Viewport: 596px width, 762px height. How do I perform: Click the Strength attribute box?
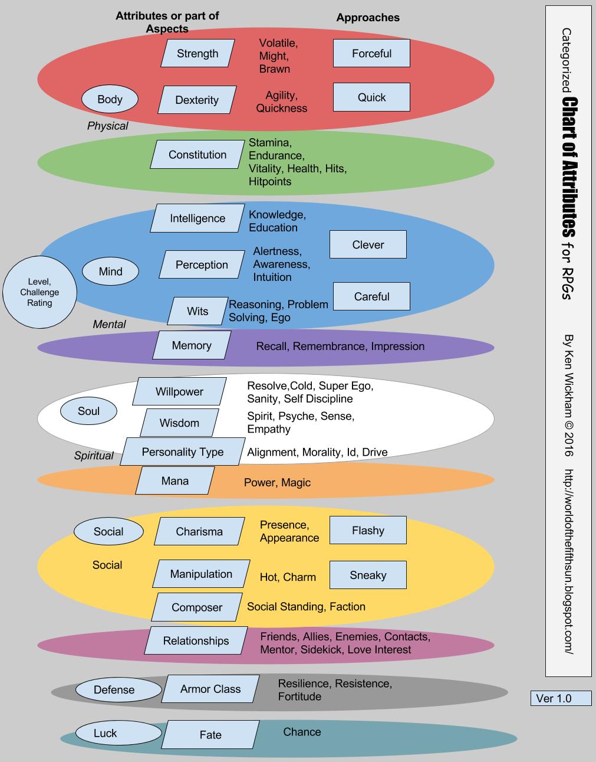tap(197, 53)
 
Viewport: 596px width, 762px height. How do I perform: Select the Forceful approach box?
tap(371, 53)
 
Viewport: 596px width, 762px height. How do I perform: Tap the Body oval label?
tap(110, 99)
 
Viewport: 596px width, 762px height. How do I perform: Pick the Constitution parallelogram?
tap(197, 154)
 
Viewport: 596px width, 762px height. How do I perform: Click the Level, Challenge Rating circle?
tap(39, 292)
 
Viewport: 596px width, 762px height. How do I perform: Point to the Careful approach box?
tap(371, 296)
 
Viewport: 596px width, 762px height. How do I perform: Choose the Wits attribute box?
tap(197, 310)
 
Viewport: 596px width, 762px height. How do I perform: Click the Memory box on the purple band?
tap(192, 345)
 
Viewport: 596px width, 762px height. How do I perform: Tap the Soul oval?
tap(88, 411)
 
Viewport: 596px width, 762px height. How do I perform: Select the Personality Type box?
tap(182, 452)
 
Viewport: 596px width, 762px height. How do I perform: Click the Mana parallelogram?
tap(174, 480)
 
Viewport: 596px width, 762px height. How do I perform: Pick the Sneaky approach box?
tap(368, 575)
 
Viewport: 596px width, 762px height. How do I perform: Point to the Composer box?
tap(197, 607)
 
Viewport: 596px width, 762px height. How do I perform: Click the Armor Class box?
tap(210, 689)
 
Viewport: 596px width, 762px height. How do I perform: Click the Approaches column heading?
tap(368, 17)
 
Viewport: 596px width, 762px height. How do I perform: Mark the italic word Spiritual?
tap(94, 455)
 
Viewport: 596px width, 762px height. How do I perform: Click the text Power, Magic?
tap(277, 482)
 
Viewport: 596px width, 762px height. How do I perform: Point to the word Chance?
tap(302, 731)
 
